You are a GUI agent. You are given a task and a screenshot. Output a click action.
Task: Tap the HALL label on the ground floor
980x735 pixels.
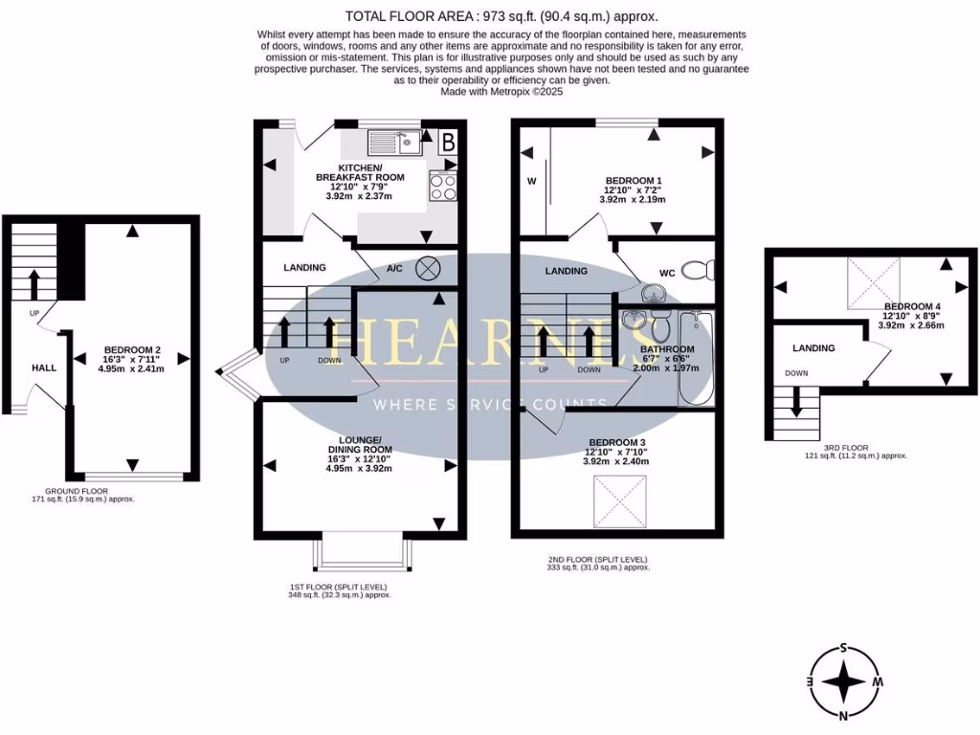[x=44, y=367]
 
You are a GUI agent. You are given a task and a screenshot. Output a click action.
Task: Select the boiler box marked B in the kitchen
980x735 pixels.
[x=447, y=144]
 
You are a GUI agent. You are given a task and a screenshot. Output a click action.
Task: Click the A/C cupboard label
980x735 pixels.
[x=394, y=268]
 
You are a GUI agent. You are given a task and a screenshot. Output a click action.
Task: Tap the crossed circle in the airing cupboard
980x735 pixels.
[x=428, y=269]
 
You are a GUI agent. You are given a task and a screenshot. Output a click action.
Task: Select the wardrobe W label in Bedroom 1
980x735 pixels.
[x=529, y=180]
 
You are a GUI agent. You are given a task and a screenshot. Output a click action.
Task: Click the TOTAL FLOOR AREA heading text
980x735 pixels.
[x=501, y=16]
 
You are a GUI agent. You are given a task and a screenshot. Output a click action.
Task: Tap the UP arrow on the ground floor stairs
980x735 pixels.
[x=33, y=284]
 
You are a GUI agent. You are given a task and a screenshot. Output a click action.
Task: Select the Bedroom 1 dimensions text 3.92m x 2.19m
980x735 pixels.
[x=633, y=199]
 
